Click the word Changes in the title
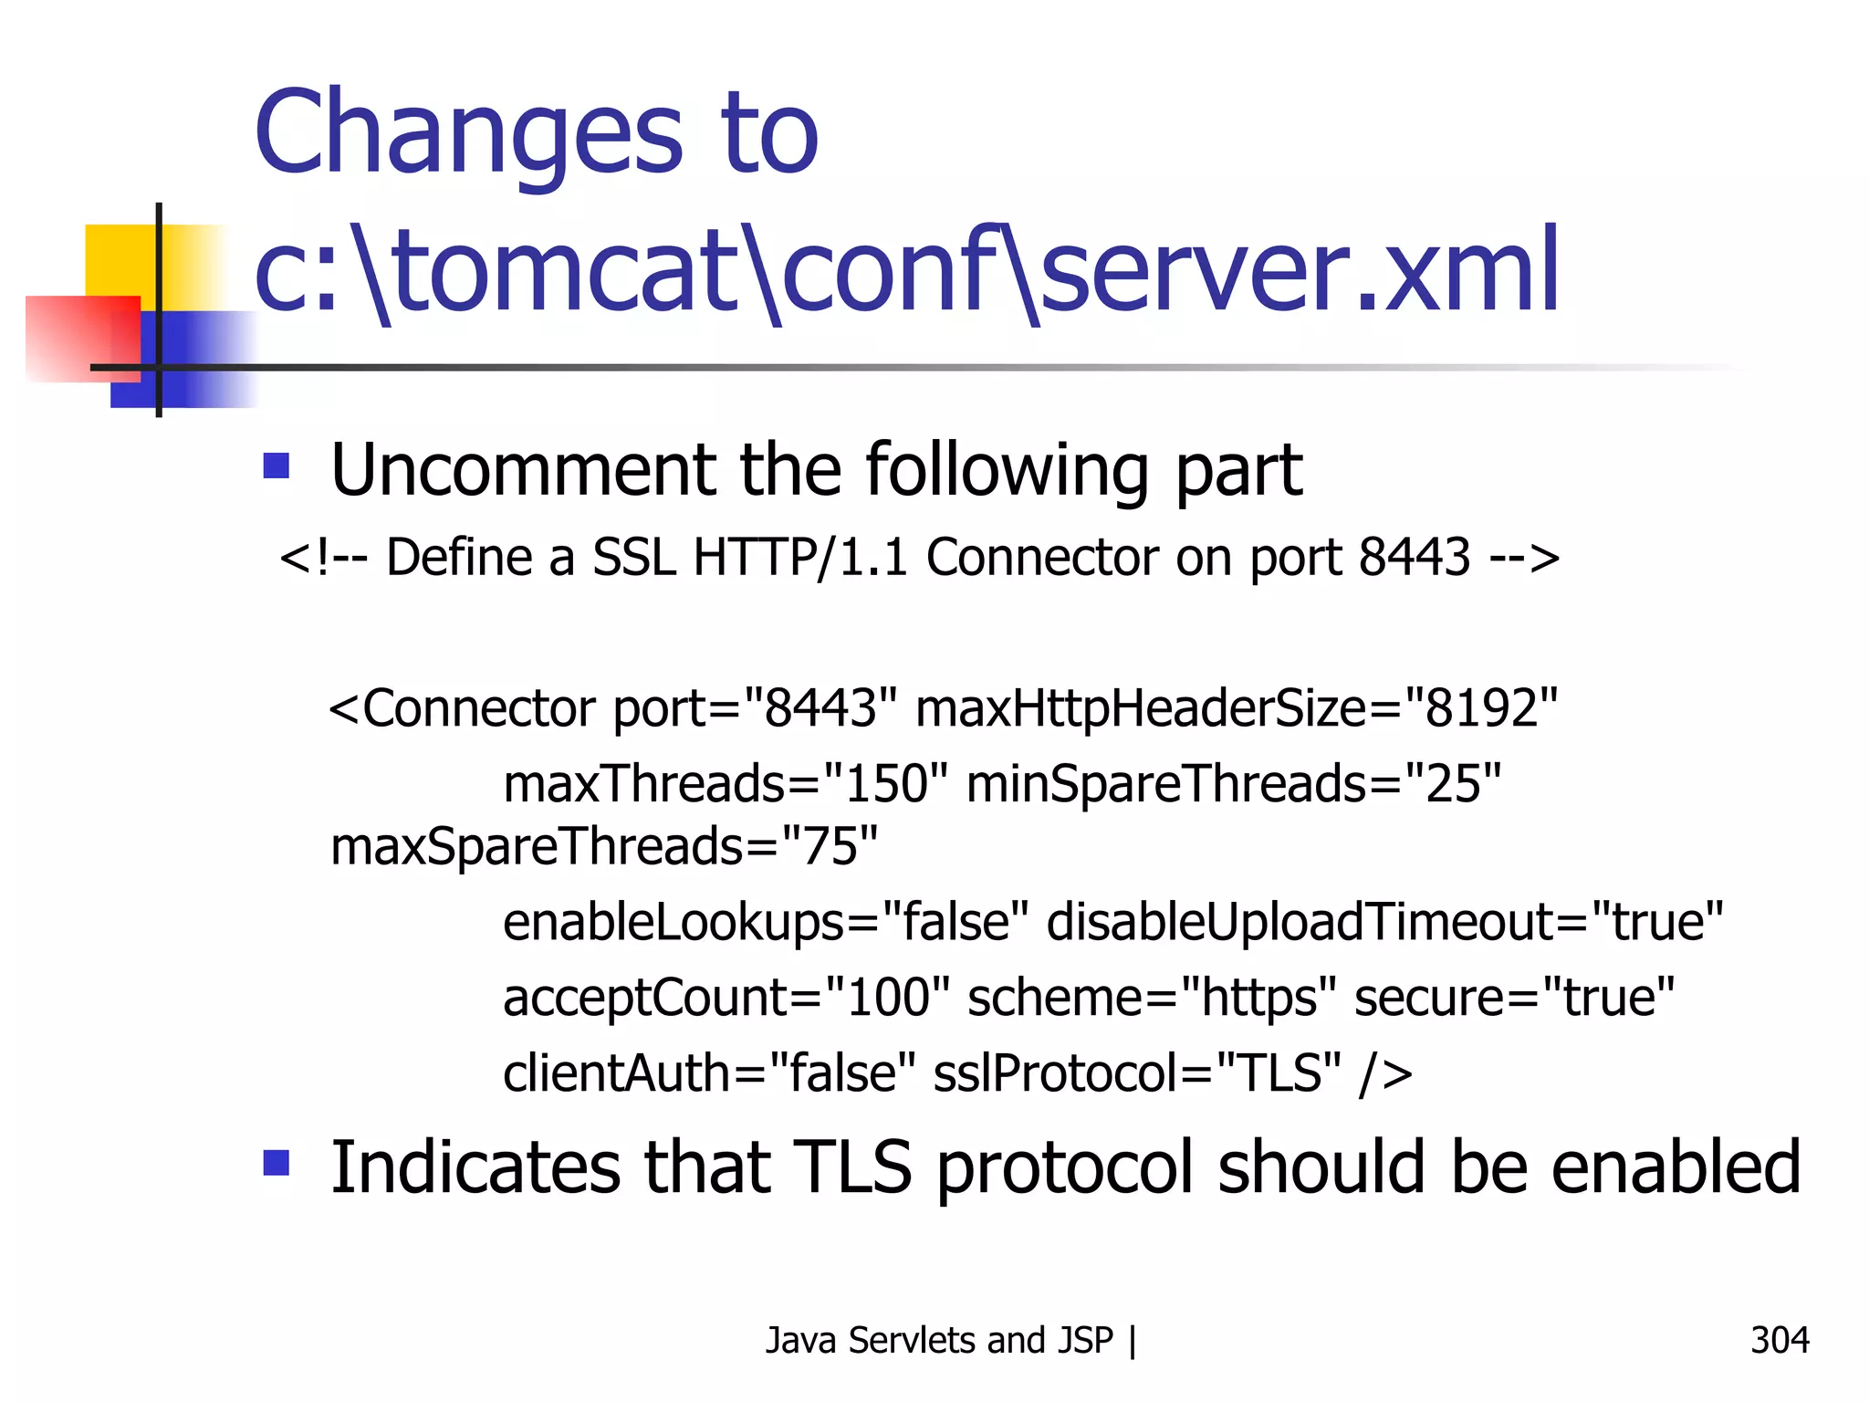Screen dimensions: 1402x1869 click(x=468, y=132)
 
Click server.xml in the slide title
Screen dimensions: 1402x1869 click(x=1300, y=271)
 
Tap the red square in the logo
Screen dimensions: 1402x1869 click(x=82, y=338)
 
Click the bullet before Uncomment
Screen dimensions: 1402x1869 click(x=276, y=466)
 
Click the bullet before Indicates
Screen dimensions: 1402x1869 click(x=276, y=1163)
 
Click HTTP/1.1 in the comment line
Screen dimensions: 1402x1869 click(x=800, y=557)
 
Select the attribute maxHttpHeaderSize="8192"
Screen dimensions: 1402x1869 click(x=1236, y=708)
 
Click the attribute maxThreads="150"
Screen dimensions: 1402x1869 click(x=726, y=784)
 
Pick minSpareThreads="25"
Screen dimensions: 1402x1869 click(x=1233, y=784)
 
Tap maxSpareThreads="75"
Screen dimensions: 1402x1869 click(x=603, y=846)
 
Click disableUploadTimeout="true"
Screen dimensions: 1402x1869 click(x=1384, y=922)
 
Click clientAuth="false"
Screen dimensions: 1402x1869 click(x=708, y=1073)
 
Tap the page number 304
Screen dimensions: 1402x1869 click(x=1779, y=1341)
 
